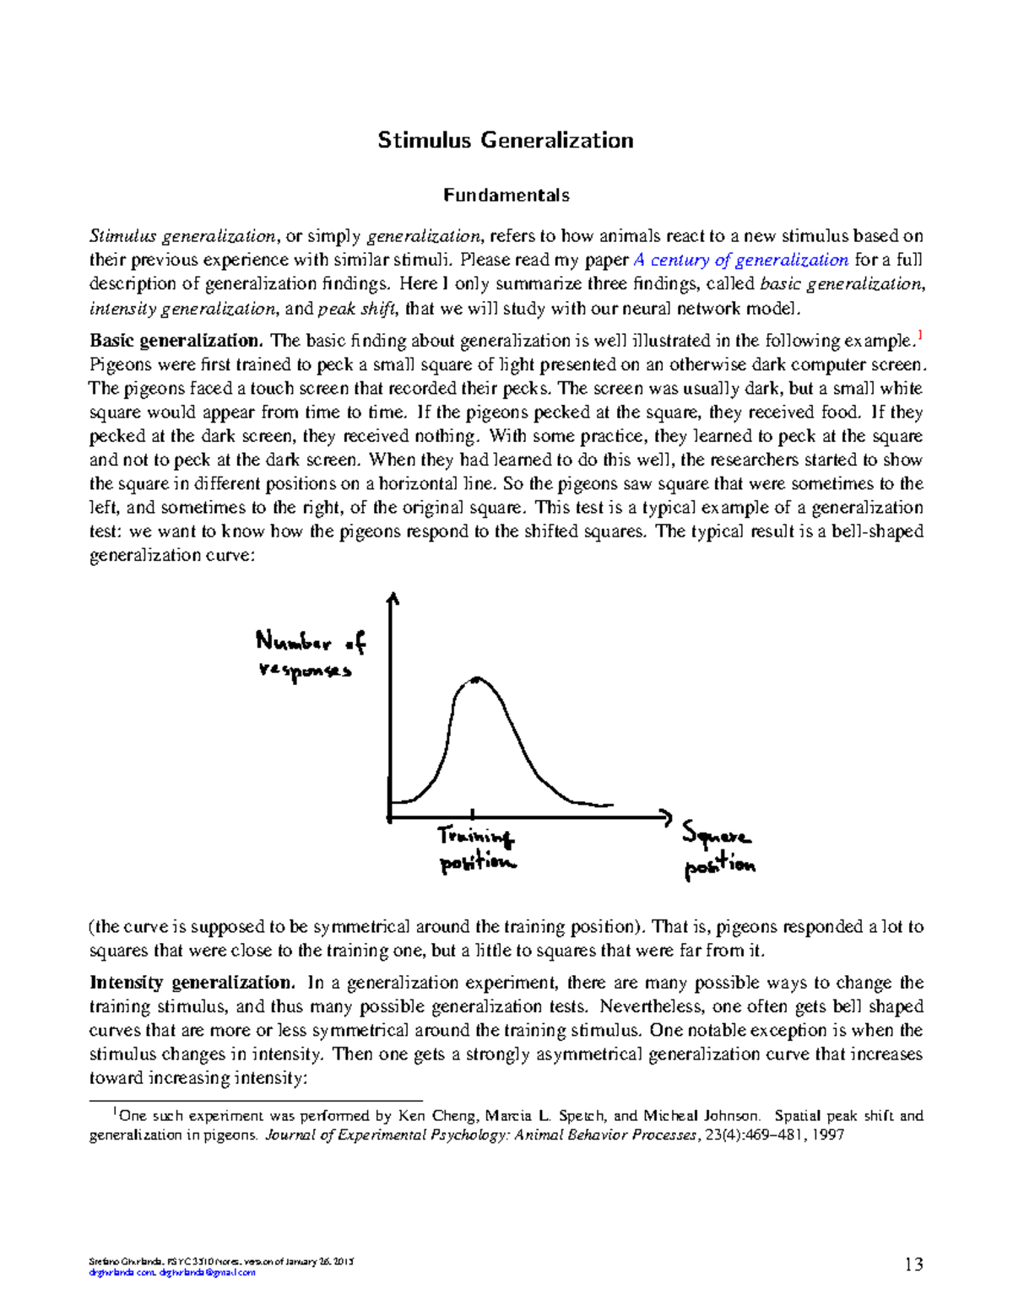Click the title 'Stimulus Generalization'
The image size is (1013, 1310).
[x=505, y=140]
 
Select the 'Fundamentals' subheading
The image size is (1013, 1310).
[x=506, y=196]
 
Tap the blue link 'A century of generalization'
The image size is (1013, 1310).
[x=740, y=260]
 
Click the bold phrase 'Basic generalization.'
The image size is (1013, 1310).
[x=176, y=341]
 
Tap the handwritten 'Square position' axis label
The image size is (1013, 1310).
[x=718, y=850]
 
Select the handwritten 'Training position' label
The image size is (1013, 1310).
[x=476, y=849]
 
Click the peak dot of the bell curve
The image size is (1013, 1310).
[x=477, y=679]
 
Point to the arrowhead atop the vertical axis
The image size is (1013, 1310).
[x=391, y=598]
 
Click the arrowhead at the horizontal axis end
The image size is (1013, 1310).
[x=665, y=817]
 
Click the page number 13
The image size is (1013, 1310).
[x=913, y=1264]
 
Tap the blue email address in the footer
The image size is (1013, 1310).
[x=207, y=1273]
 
